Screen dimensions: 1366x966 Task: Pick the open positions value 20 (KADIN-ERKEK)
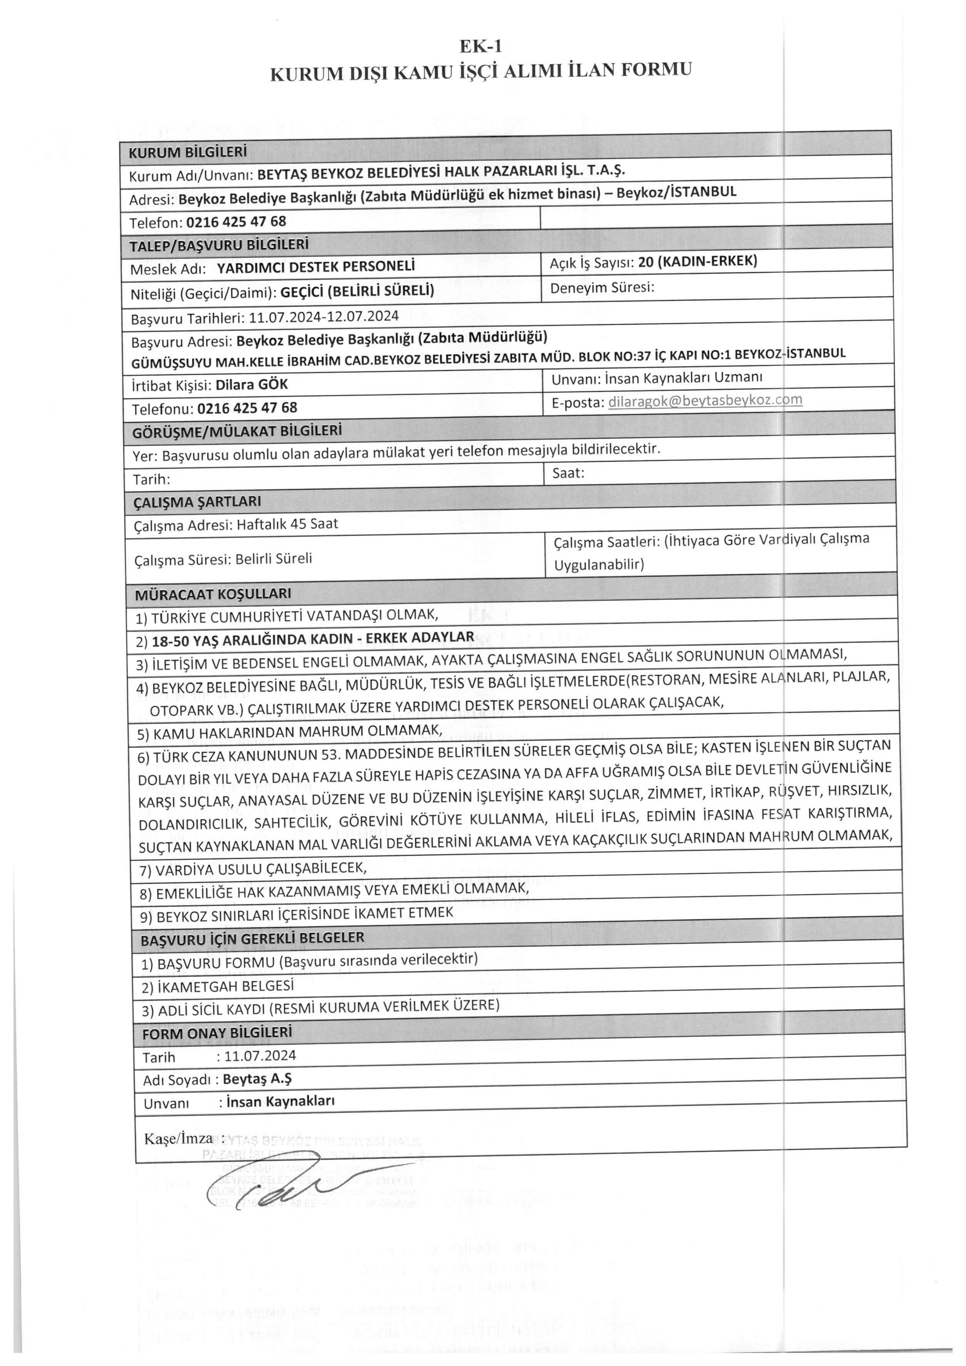click(x=697, y=261)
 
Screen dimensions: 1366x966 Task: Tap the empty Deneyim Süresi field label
click(x=602, y=288)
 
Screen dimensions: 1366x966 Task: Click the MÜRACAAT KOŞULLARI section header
click(x=213, y=594)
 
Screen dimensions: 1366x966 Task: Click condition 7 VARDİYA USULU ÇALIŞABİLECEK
click(x=253, y=868)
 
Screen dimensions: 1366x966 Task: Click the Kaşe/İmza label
click(x=179, y=1139)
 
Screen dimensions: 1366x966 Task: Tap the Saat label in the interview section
click(x=568, y=473)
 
